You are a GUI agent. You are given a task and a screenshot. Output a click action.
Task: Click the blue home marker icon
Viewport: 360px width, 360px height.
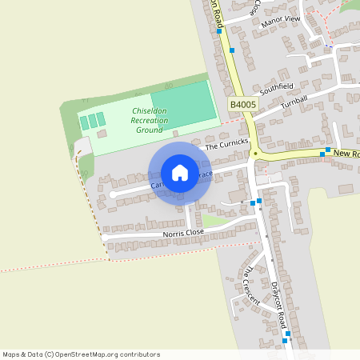coord(180,173)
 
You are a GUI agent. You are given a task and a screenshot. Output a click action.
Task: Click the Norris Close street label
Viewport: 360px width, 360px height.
coord(183,233)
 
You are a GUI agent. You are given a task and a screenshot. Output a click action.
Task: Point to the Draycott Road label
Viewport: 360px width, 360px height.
coord(278,305)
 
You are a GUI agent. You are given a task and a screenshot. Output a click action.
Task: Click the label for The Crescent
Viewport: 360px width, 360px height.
coord(252,285)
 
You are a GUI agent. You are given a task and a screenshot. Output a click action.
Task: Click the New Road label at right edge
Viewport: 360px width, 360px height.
coord(346,153)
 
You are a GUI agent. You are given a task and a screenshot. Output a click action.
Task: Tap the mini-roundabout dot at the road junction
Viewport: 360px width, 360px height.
coord(254,153)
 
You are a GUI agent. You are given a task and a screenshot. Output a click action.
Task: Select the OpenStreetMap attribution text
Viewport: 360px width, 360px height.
coord(81,354)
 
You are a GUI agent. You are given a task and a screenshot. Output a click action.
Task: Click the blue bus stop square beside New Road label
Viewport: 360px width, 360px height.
coord(328,150)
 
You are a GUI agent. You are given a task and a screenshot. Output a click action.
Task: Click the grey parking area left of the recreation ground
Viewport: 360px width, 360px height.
coord(82,146)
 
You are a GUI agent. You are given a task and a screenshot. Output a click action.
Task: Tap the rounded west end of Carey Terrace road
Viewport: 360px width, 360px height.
coord(114,194)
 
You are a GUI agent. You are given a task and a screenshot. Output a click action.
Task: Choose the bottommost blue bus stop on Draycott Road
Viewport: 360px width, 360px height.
coord(285,342)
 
